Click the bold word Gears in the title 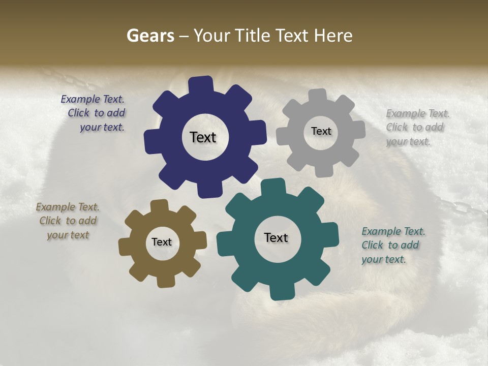pos(150,36)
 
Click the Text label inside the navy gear pos(203,137)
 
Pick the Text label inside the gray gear pos(321,131)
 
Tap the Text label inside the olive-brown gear pos(162,242)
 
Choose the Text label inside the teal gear pos(276,237)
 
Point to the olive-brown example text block pos(68,221)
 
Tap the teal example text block pos(392,245)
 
